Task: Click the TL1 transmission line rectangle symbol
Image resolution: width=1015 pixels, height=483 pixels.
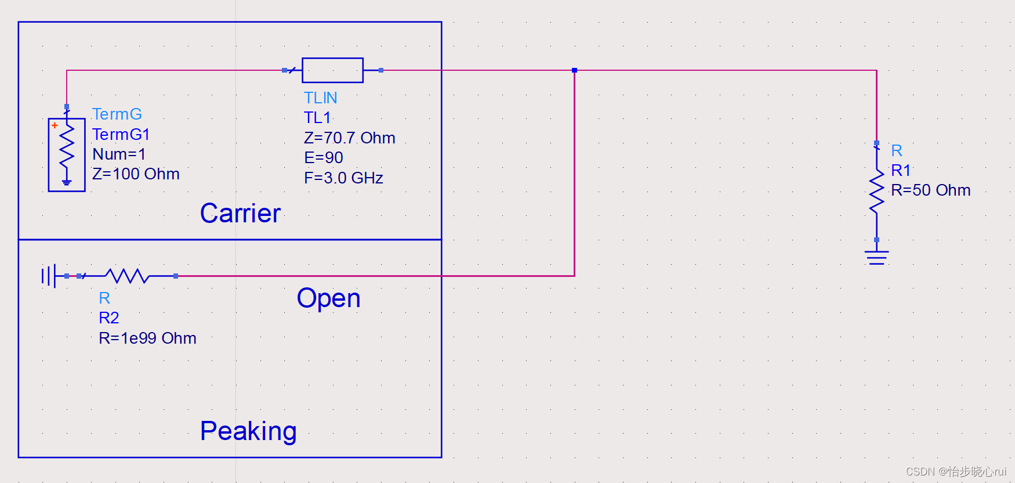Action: pos(332,70)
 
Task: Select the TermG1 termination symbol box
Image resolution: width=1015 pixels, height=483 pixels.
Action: pos(67,154)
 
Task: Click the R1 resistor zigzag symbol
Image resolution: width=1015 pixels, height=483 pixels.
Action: pos(876,192)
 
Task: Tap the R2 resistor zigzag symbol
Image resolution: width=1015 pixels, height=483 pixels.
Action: pos(128,276)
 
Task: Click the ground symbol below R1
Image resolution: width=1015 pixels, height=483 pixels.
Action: pos(876,257)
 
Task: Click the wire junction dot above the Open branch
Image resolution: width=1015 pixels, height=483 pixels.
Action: pos(574,70)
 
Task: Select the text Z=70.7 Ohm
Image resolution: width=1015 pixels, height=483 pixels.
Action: pos(349,138)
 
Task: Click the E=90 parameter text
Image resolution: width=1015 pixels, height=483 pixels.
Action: pos(323,157)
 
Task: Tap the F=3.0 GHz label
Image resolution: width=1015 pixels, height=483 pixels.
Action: pos(343,178)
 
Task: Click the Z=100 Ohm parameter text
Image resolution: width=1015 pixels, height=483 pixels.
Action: pos(136,174)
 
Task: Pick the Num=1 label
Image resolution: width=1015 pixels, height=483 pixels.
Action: pos(119,154)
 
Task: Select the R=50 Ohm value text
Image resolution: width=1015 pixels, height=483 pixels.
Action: pos(930,190)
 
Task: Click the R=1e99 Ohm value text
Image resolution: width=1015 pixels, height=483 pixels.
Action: pos(147,338)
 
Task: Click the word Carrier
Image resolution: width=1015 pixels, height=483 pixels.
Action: pos(240,213)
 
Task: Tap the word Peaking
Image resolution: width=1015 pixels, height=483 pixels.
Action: pos(248,431)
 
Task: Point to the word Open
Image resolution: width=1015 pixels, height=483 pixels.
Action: pos(328,298)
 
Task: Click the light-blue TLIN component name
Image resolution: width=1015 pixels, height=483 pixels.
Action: pos(320,98)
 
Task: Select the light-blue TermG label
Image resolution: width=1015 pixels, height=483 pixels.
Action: pos(117,114)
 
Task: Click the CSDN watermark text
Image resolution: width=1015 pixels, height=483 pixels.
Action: pos(955,471)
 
